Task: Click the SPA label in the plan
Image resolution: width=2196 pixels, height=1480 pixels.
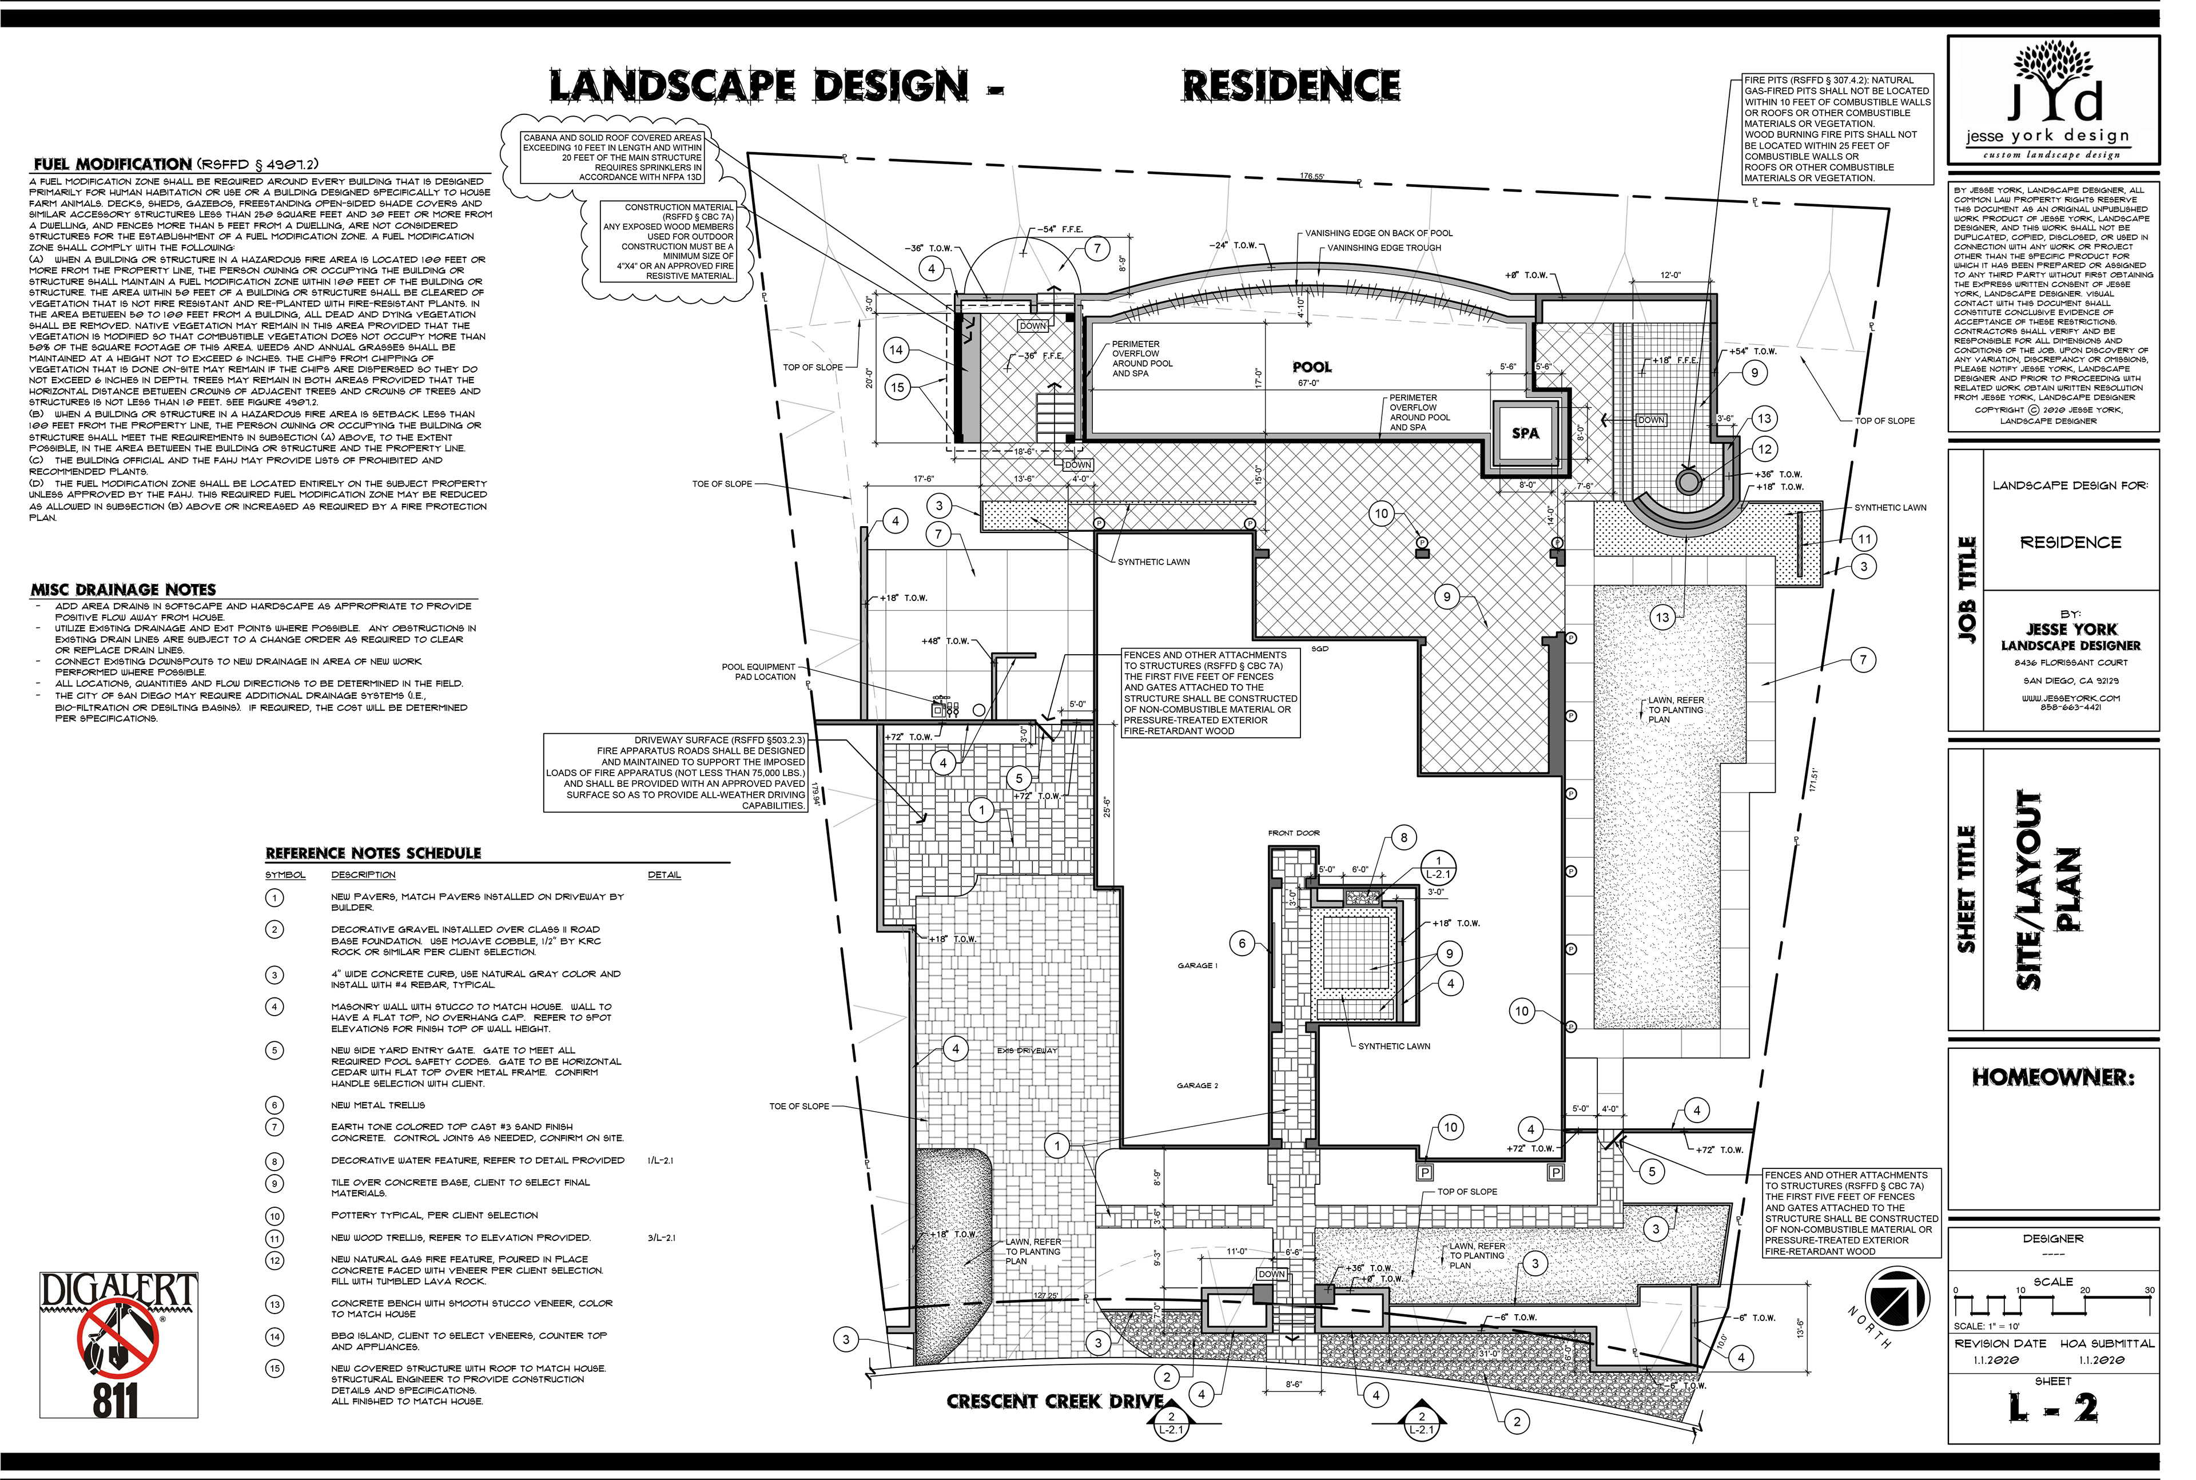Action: click(x=1525, y=433)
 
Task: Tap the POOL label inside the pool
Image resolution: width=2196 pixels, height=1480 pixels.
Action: click(x=1312, y=367)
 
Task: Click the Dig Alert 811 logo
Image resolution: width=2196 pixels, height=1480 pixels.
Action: click(x=119, y=1344)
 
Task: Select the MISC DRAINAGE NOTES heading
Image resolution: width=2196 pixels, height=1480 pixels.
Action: click(x=124, y=589)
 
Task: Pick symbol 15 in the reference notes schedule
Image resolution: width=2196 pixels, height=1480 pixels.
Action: click(x=274, y=1368)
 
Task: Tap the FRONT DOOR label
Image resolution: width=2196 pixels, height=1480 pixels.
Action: click(x=1294, y=833)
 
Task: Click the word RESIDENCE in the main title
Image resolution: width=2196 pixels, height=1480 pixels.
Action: click(x=1291, y=86)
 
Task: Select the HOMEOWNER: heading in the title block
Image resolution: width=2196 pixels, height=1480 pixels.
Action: click(x=2052, y=1077)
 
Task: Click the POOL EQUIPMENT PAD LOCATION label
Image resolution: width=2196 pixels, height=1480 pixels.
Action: click(x=759, y=672)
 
